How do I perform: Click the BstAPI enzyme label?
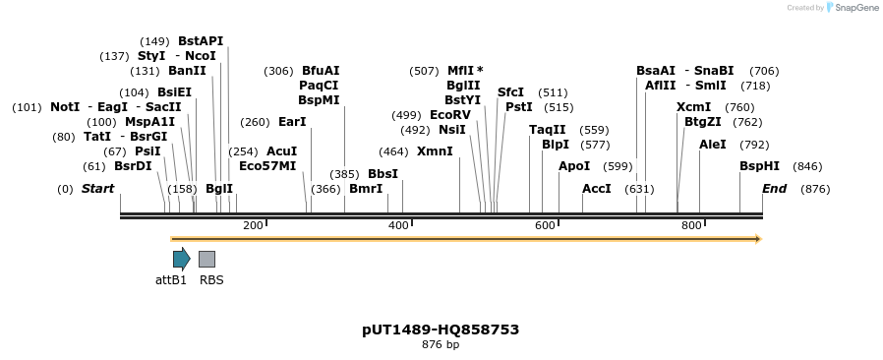(201, 41)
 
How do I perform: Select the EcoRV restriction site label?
(450, 115)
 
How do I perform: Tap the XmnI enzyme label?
(435, 151)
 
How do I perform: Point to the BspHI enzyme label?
(759, 166)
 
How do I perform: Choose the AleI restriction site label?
(713, 144)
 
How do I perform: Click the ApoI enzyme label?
(574, 166)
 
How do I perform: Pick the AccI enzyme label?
(597, 188)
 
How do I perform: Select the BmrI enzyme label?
(366, 188)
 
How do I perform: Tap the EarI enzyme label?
(292, 122)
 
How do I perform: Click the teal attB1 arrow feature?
(181, 259)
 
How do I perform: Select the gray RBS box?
(206, 259)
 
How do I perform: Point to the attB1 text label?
(171, 279)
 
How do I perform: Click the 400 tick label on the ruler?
(398, 225)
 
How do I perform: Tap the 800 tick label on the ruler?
(690, 225)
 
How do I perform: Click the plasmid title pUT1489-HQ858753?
(441, 330)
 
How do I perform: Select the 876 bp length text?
(441, 345)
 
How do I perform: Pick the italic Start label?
(97, 188)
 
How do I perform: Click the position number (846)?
(807, 166)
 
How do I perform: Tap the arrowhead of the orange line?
(757, 238)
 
